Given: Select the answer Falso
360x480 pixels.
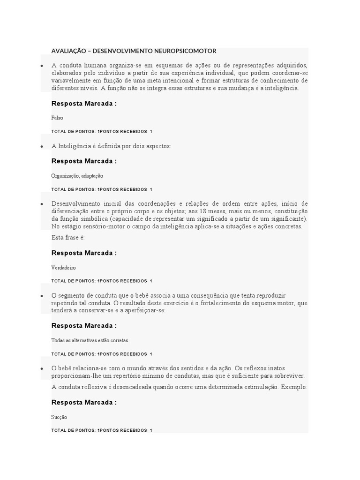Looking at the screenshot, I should [x=57, y=118].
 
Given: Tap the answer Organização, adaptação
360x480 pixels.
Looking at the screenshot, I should [x=77, y=176].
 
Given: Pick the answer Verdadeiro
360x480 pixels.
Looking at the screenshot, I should [x=63, y=268].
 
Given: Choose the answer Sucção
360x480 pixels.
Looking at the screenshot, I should [x=59, y=417].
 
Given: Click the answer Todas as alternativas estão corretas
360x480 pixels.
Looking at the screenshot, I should [x=90, y=340].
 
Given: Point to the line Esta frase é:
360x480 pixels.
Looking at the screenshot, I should [x=68, y=238].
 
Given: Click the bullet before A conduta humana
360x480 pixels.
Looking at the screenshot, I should [x=42, y=65].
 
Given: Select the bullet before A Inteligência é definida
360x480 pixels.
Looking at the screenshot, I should [x=42, y=146].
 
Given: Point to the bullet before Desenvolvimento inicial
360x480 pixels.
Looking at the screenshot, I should [x=42, y=204].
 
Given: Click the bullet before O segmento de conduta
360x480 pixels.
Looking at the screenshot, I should [x=42, y=296].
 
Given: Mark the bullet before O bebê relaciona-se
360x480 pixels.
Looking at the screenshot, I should [x=42, y=368].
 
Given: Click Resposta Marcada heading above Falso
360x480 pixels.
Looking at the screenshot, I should [x=84, y=104].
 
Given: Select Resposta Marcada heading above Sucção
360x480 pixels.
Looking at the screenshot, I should [x=84, y=402].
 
